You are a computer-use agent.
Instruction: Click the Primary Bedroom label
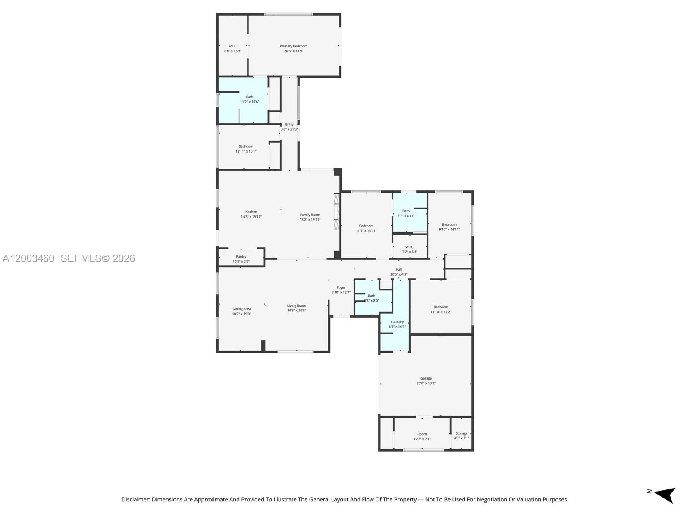293,46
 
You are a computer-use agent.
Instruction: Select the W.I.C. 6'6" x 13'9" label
232,48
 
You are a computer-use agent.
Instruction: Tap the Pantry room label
241,257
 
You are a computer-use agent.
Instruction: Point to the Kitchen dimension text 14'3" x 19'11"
251,217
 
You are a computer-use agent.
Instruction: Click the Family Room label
310,215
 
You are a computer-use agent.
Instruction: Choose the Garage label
426,378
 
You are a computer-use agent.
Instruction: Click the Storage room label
461,433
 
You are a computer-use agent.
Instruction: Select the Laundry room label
397,322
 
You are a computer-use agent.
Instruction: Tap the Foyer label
341,287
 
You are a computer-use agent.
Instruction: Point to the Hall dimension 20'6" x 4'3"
398,274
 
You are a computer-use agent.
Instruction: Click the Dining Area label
241,309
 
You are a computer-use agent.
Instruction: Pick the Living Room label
296,306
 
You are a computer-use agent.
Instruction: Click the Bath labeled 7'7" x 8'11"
406,213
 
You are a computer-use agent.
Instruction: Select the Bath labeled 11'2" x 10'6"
249,99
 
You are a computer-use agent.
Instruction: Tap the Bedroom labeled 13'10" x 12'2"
440,309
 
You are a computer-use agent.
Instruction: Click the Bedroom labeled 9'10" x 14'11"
449,227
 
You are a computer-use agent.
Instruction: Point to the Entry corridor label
289,125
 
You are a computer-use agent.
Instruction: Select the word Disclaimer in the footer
135,500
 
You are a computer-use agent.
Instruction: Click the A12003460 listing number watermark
28,258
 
